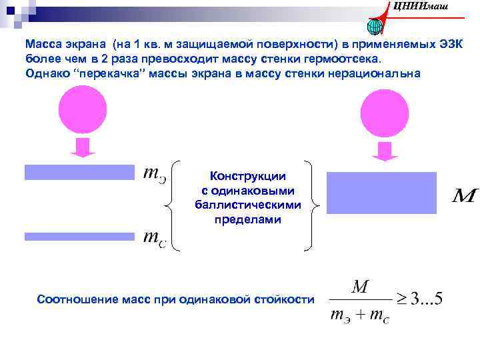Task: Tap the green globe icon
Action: pos(374,26)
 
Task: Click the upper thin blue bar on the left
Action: pos(79,172)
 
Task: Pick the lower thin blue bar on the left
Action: pos(79,237)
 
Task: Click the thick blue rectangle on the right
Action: pos(381,193)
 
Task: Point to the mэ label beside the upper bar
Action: pos(155,174)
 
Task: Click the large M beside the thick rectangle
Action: pos(465,196)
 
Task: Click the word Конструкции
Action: pos(248,177)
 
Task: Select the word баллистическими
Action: pos(248,205)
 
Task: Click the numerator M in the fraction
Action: pos(359,288)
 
